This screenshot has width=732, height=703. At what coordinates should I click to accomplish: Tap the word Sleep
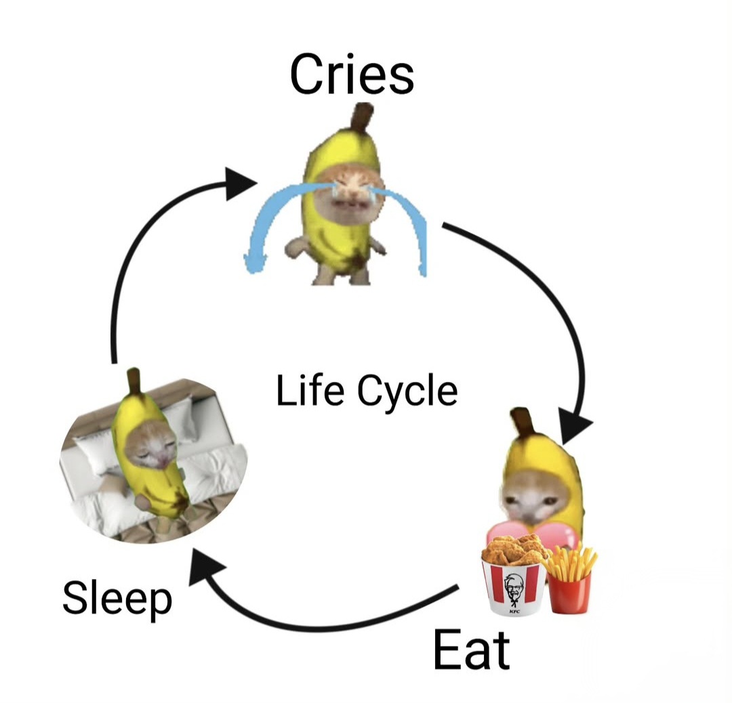(x=117, y=600)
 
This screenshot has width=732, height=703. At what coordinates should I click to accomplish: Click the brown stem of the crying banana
(x=361, y=119)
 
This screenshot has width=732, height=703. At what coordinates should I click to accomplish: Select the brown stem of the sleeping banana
(x=134, y=383)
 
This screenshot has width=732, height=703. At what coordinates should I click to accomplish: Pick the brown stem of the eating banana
(x=523, y=423)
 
